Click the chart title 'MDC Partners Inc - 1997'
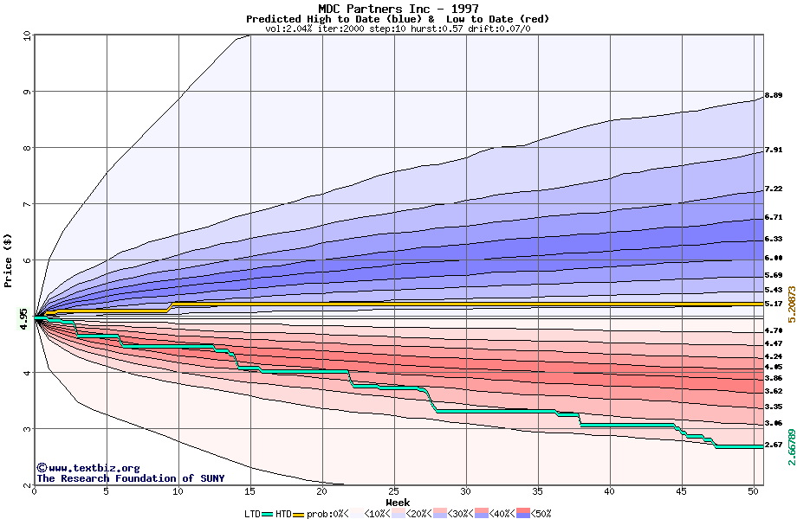coord(398,9)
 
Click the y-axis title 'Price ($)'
coord(9,260)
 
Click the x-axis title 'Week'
coord(398,502)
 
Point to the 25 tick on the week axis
coord(394,492)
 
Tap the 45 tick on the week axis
coord(682,492)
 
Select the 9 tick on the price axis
coord(26,92)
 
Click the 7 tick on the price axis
coord(26,204)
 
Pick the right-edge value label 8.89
coord(774,95)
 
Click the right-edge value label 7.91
coord(774,150)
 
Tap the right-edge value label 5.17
coord(774,304)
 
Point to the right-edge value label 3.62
coord(774,391)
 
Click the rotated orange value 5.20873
coord(790,294)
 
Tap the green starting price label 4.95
coord(24,318)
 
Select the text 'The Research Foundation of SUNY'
coord(130,478)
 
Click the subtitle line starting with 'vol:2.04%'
coord(398,29)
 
